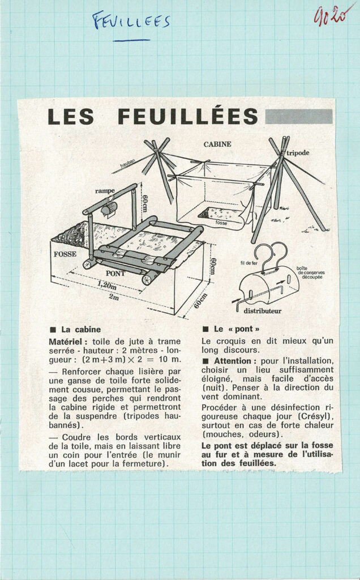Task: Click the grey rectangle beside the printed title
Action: coord(298,116)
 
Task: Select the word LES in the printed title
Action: coord(71,117)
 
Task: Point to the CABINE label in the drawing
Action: coord(217,144)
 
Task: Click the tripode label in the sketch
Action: coord(298,153)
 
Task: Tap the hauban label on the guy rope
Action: coord(128,163)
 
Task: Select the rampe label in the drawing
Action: coord(105,190)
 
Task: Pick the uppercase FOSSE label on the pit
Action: coord(65,254)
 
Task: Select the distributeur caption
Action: coord(263,310)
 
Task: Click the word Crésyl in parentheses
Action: coord(317,417)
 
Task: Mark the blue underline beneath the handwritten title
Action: coord(131,41)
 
